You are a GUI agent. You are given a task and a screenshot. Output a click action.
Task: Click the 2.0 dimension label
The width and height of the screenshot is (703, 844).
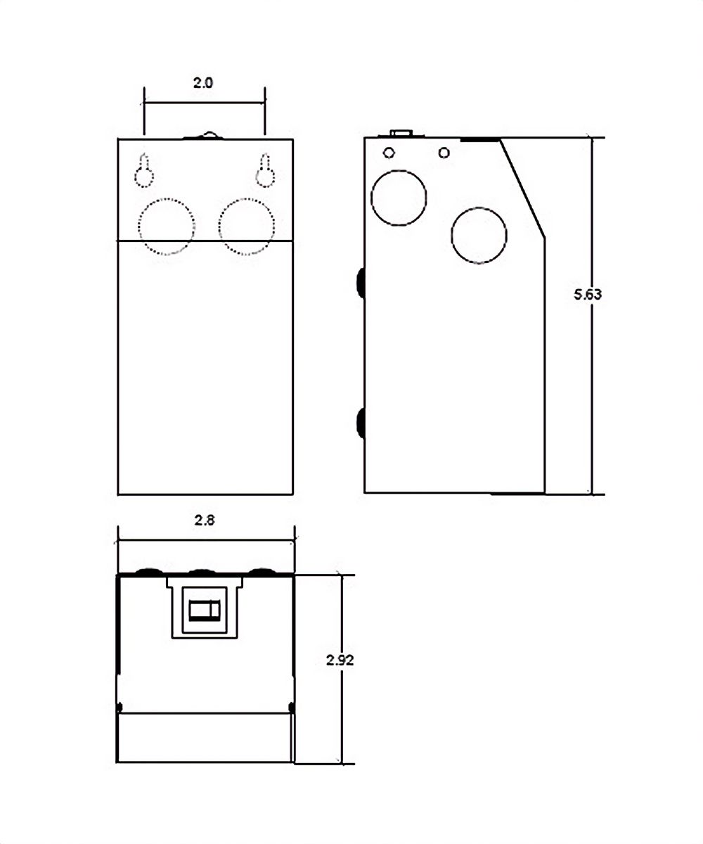point(202,83)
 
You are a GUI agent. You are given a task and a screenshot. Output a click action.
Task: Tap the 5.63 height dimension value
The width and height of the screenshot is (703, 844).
point(588,294)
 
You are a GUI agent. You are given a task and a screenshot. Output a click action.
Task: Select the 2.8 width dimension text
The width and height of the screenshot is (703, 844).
point(205,520)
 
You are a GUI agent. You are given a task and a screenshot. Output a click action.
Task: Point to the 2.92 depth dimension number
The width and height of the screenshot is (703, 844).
point(340,660)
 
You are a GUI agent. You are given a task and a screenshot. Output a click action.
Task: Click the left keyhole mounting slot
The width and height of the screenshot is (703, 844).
point(144,170)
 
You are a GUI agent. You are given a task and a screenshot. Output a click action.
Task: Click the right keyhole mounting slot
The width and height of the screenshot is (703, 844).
point(266,170)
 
